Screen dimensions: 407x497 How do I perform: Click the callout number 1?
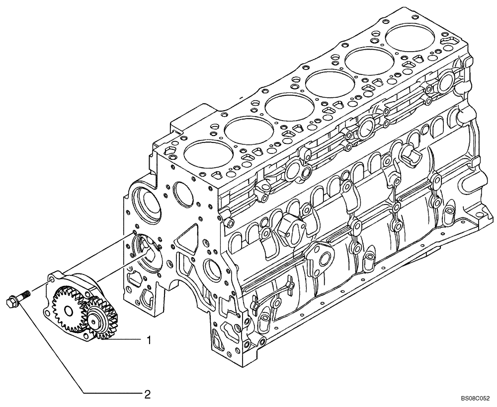[148, 340]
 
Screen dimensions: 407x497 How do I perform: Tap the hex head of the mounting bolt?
[10, 301]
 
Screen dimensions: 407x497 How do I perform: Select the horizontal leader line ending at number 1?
[124, 340]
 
